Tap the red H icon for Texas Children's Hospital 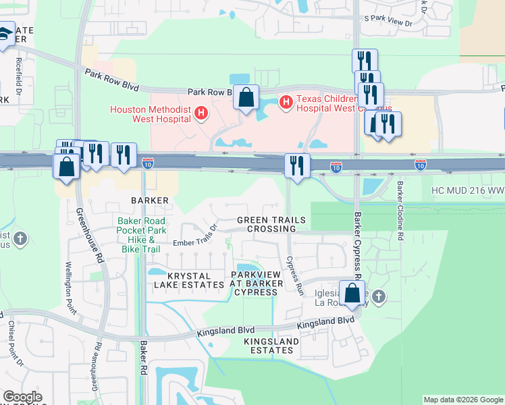click(286, 102)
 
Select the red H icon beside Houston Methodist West click(200, 113)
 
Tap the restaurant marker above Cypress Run click(297, 166)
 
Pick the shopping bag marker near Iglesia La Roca click(352, 294)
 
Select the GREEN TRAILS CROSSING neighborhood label click(271, 225)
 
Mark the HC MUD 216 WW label click(468, 191)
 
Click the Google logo click(22, 397)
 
